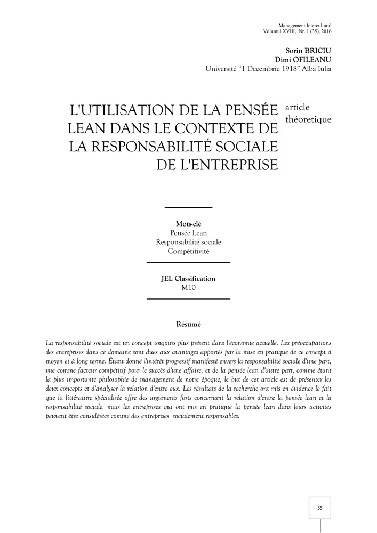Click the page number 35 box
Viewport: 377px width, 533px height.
pyautogui.click(x=319, y=507)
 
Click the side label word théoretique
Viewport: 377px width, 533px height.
pyautogui.click(x=308, y=119)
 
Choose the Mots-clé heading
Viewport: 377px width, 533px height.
pyautogui.click(x=188, y=224)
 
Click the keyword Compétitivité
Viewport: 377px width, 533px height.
pyautogui.click(x=188, y=251)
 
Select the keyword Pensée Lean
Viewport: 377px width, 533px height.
pyautogui.click(x=188, y=233)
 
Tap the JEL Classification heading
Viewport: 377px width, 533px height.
pyautogui.click(x=188, y=278)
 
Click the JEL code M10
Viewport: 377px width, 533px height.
pyautogui.click(x=189, y=287)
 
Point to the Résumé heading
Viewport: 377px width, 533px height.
pyautogui.click(x=188, y=324)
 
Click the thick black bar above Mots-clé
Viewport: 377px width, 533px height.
pyautogui.click(x=188, y=207)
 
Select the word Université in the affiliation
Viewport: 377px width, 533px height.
pyautogui.click(x=224, y=69)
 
